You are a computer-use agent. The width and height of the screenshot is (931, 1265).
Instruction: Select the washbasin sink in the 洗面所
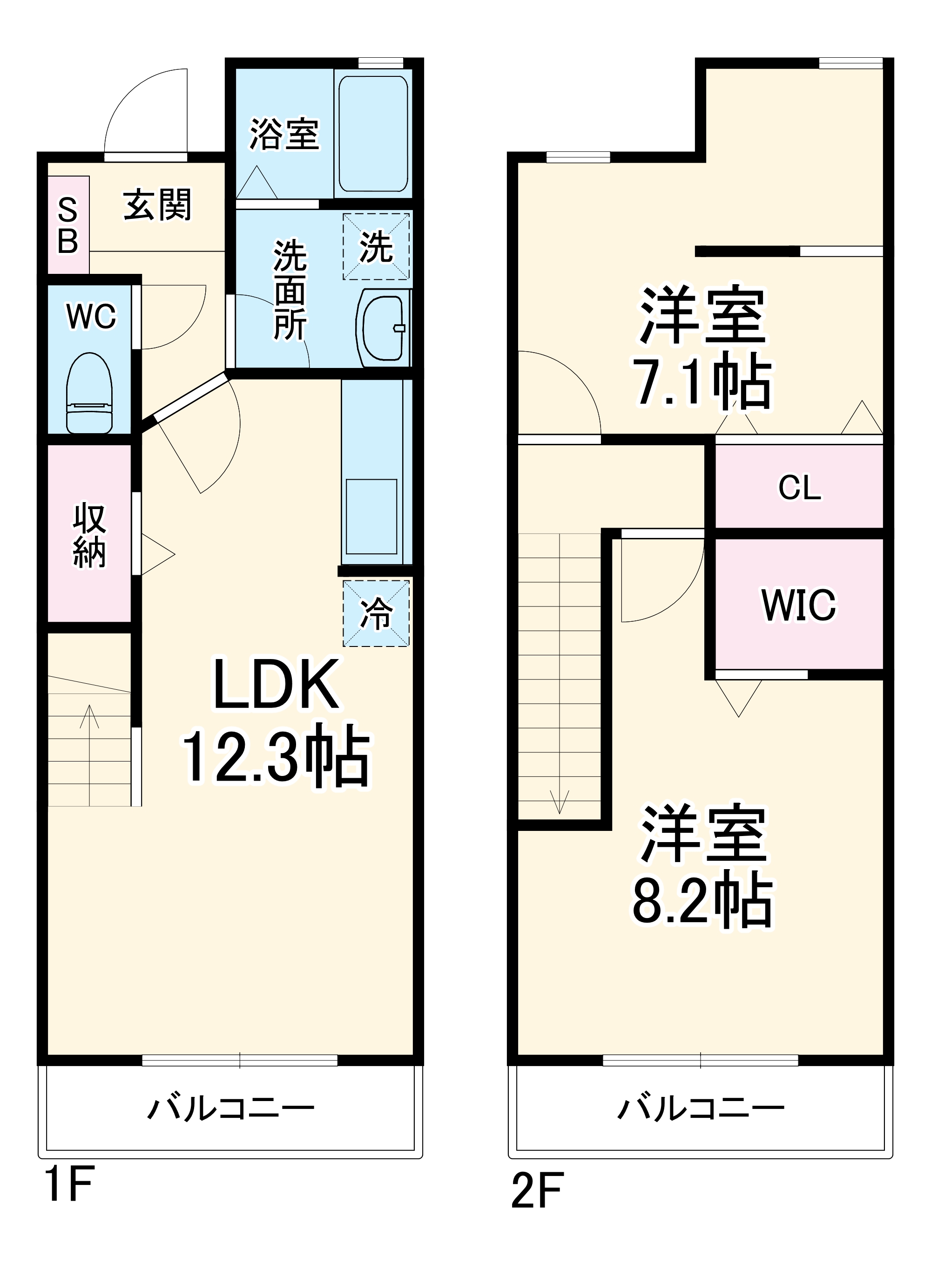coord(382,327)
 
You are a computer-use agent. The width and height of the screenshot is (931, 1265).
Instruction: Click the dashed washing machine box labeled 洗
coord(376,246)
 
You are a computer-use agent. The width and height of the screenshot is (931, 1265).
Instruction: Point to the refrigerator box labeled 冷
coord(376,613)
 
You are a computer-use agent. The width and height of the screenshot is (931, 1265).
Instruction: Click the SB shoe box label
coord(67,225)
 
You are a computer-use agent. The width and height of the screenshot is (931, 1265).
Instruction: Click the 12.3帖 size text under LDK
coord(276,756)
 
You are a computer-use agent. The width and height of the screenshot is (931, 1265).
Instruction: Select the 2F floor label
coord(537,1190)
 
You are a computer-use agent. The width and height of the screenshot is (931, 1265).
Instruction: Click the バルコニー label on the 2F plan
coord(701,1109)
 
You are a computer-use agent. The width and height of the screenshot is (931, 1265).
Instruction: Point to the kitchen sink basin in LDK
coord(371,517)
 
